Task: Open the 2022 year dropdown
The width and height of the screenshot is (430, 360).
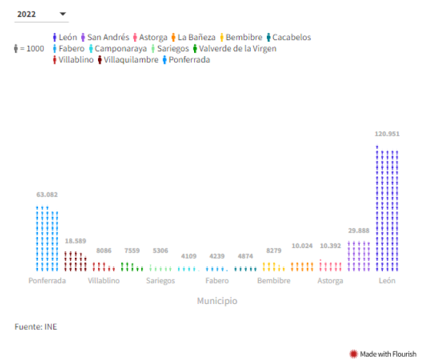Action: [41, 14]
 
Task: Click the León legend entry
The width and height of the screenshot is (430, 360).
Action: [64, 37]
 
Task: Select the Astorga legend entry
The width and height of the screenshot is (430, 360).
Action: [150, 37]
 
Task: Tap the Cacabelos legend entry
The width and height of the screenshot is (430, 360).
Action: [287, 37]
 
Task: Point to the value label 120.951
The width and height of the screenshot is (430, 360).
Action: [387, 134]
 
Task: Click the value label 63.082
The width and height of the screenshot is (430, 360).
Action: [47, 194]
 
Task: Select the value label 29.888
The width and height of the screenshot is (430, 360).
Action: [359, 231]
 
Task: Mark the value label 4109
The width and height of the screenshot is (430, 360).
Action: [188, 256]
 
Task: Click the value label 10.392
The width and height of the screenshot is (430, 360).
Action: [331, 245]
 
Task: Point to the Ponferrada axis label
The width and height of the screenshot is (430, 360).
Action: [47, 281]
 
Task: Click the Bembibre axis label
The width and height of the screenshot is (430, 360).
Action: [273, 281]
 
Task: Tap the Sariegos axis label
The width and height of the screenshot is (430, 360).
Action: [160, 281]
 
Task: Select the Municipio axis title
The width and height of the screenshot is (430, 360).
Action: [217, 301]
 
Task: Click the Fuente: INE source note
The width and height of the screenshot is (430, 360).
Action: [35, 327]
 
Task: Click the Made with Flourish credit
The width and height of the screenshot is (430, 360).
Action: [383, 354]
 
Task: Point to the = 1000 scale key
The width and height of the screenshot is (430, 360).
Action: [29, 48]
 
